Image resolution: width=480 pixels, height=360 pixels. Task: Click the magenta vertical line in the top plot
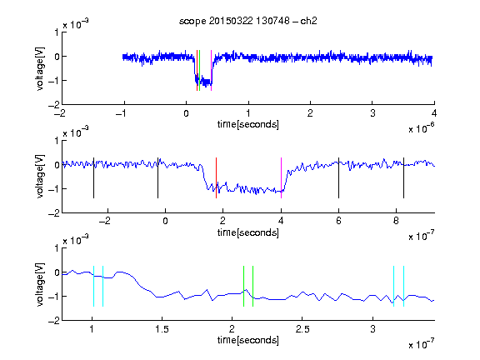211,70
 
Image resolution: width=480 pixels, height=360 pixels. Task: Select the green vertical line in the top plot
200,70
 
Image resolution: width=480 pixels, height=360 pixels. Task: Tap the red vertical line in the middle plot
216,177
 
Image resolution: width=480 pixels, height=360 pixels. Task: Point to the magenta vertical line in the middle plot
282,177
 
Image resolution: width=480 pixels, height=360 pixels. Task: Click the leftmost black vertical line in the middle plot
93,177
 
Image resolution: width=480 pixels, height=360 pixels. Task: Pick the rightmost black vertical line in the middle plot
404,177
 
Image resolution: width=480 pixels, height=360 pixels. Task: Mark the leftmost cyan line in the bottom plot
93,286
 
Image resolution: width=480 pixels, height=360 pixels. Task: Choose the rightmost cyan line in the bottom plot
404,286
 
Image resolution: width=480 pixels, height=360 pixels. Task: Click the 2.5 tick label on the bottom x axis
302,329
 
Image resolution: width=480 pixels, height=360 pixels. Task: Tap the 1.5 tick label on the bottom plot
162,329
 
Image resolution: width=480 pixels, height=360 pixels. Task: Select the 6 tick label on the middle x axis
338,221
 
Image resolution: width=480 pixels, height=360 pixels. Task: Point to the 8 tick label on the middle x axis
396,221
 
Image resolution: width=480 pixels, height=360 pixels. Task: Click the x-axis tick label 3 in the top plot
372,113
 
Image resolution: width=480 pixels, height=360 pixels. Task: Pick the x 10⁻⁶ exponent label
422,127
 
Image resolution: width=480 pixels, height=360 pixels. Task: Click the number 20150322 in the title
231,21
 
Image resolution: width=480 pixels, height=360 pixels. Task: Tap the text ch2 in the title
308,21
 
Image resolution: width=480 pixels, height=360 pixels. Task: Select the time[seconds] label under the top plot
248,124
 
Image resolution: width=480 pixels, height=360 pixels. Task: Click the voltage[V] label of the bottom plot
40,285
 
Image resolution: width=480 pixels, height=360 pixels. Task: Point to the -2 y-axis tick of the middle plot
54,213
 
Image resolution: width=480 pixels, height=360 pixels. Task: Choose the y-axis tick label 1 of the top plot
57,32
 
